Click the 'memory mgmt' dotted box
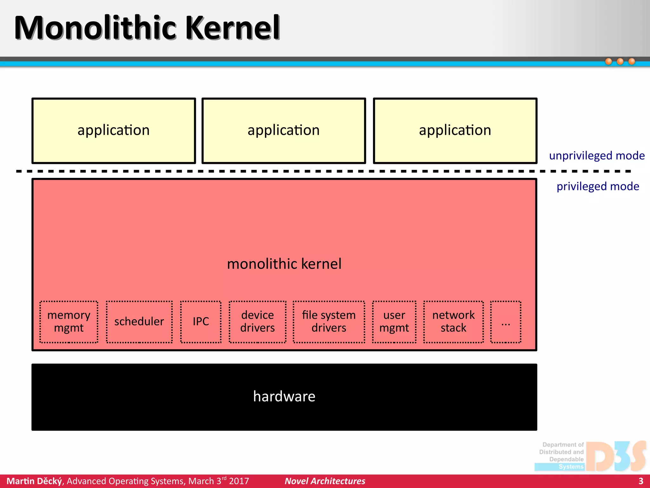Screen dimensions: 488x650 click(x=69, y=322)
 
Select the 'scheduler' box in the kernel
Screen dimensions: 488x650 click(x=139, y=322)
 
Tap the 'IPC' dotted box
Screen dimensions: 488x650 click(x=201, y=322)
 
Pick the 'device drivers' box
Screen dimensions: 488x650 click(x=257, y=322)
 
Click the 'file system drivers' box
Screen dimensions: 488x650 click(x=329, y=322)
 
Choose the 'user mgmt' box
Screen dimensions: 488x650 click(x=394, y=322)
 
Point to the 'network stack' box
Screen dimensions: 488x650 click(x=454, y=322)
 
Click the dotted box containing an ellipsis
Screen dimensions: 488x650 click(x=506, y=322)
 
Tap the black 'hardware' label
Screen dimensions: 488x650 click(x=284, y=396)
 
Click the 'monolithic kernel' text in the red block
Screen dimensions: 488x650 click(x=284, y=264)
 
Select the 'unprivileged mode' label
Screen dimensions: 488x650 click(x=597, y=156)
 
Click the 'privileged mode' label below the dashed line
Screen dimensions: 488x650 click(x=598, y=186)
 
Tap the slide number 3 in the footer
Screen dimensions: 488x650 click(x=641, y=481)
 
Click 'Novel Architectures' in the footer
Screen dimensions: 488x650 click(x=325, y=481)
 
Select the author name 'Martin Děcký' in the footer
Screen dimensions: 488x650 click(x=35, y=481)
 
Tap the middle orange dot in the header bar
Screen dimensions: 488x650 click(x=620, y=61)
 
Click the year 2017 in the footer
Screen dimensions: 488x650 click(x=239, y=481)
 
